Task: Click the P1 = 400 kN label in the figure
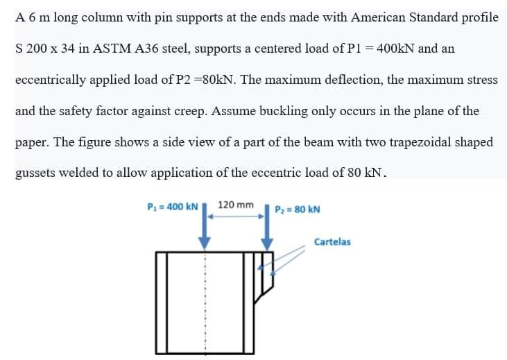coord(173,207)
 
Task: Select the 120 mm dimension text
coord(236,205)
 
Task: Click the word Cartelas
coord(332,242)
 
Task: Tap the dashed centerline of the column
coord(205,305)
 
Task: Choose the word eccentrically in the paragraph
coord(48,80)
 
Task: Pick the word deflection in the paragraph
coord(346,80)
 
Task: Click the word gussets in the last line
coord(35,173)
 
